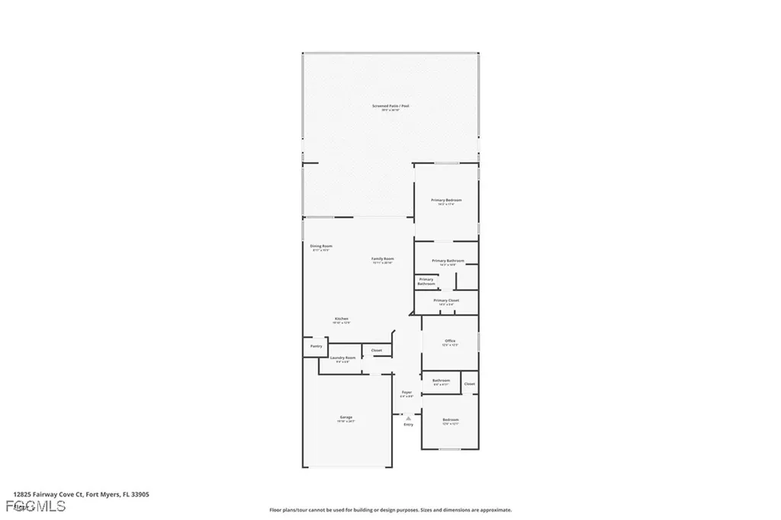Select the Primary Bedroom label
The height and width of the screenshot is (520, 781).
tap(446, 201)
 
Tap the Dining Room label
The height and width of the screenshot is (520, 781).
tap(320, 247)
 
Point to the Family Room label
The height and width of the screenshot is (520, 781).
tap(382, 260)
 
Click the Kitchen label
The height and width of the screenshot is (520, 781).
tap(341, 319)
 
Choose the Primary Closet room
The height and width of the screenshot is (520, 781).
tap(446, 302)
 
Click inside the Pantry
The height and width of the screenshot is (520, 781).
tap(316, 346)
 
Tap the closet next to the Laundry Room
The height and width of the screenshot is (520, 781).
tap(377, 351)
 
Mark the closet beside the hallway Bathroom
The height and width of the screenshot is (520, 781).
tap(470, 384)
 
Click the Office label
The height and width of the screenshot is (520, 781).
tap(450, 342)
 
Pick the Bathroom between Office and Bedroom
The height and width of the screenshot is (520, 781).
tap(441, 381)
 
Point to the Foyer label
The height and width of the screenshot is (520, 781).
tap(407, 393)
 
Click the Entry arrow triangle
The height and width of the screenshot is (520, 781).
tap(409, 418)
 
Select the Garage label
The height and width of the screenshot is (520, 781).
tap(346, 418)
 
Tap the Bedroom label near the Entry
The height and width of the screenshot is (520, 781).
tap(451, 421)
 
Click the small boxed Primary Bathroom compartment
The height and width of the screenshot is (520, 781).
tap(426, 281)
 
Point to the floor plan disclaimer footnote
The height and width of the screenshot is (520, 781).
tap(390, 510)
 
